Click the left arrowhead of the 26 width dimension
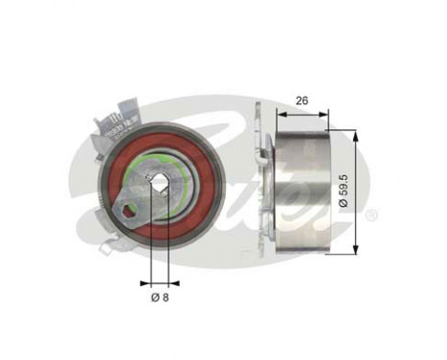tap(279, 111)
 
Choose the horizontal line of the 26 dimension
tap(302, 111)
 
